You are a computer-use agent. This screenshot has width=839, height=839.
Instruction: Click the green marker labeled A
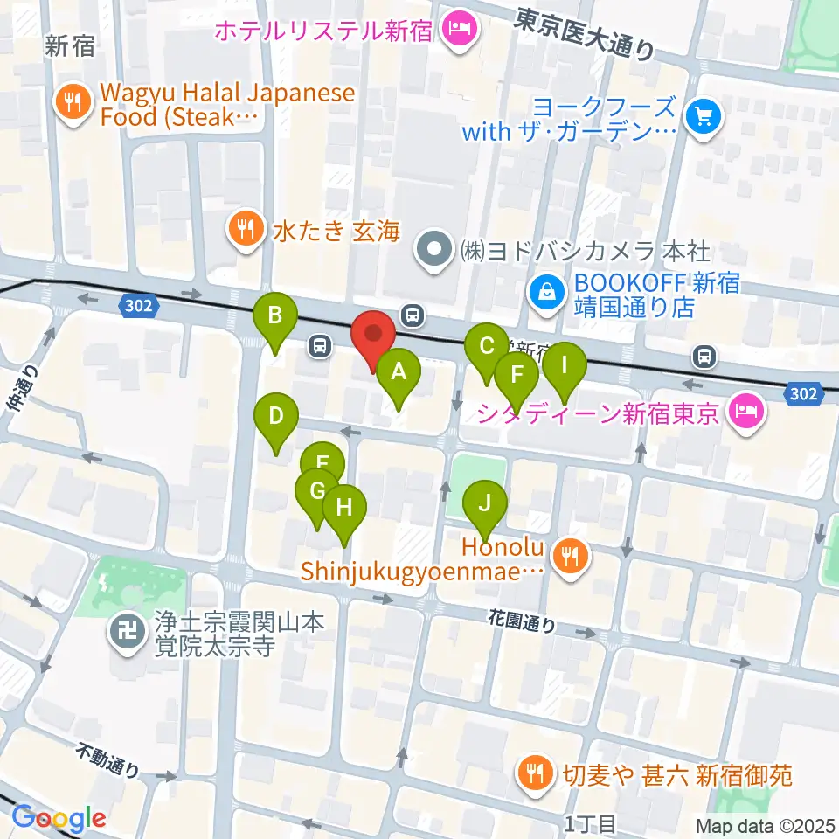tap(399, 373)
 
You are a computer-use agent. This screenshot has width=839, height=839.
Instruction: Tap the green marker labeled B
tap(275, 315)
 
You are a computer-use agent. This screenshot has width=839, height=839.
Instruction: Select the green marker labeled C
tap(487, 346)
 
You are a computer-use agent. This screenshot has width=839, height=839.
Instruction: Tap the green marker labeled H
tap(343, 508)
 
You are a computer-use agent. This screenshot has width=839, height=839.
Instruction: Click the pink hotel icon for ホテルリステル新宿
tap(459, 30)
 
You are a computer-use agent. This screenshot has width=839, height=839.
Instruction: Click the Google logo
tap(59, 817)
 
